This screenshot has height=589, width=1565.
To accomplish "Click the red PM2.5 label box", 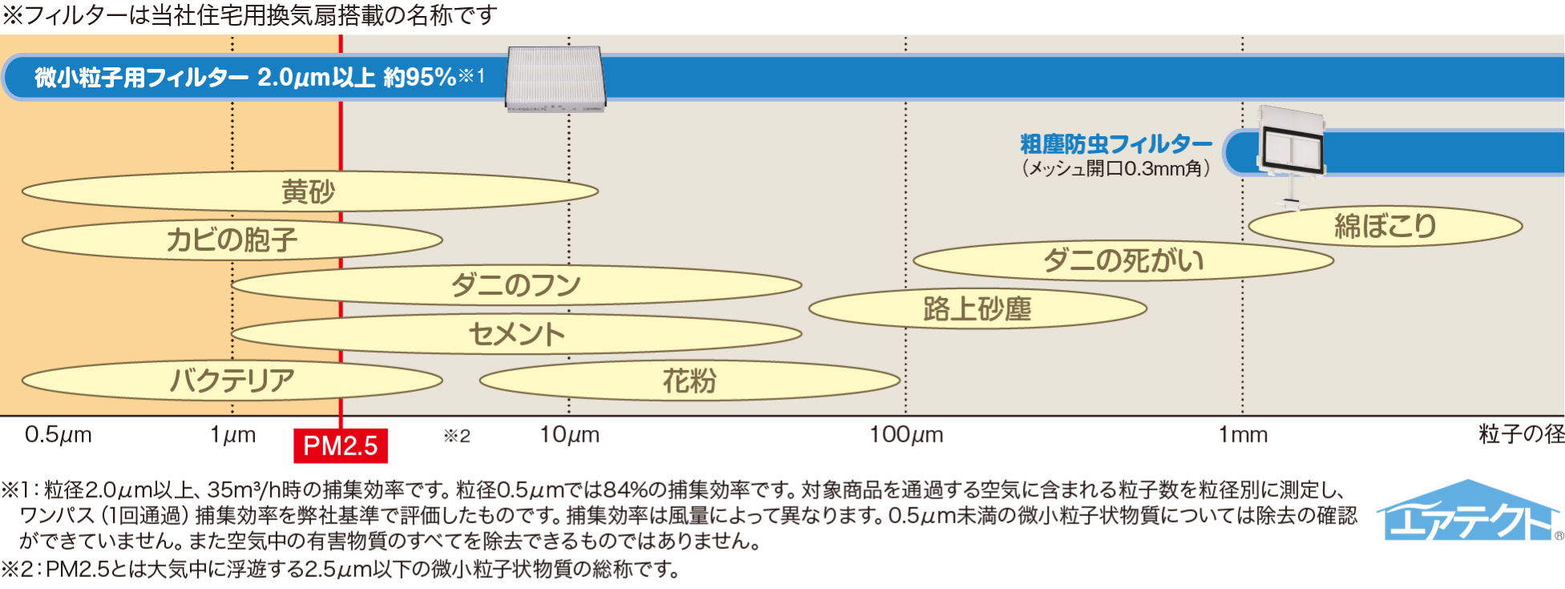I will point(341,446).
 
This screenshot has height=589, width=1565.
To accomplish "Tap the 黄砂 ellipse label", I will point(309,192).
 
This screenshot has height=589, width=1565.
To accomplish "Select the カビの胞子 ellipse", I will point(233,240).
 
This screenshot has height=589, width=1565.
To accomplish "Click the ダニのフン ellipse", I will point(516,285).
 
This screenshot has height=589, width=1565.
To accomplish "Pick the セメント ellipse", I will point(516,334).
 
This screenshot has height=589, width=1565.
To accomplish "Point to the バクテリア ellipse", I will point(233,380).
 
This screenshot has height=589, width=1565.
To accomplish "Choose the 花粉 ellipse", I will point(689,381).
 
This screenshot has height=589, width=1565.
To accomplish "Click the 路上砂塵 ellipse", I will point(977,309).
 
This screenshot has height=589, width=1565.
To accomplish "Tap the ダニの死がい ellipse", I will point(1122,260).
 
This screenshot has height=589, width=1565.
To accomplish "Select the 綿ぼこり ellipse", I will point(1385,226).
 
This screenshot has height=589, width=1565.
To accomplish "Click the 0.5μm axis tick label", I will point(58,435).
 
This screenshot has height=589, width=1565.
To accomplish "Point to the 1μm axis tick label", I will point(233,435).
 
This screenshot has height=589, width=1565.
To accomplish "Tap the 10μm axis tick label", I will point(569,435).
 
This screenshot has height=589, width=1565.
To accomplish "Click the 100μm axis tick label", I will point(906,435).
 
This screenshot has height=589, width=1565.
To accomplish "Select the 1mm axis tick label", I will point(1243,435).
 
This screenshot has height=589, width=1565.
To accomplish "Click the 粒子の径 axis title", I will point(1521,434).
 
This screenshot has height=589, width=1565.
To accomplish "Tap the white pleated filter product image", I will point(555,78).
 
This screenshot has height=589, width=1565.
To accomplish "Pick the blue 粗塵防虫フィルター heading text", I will point(1115,144).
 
